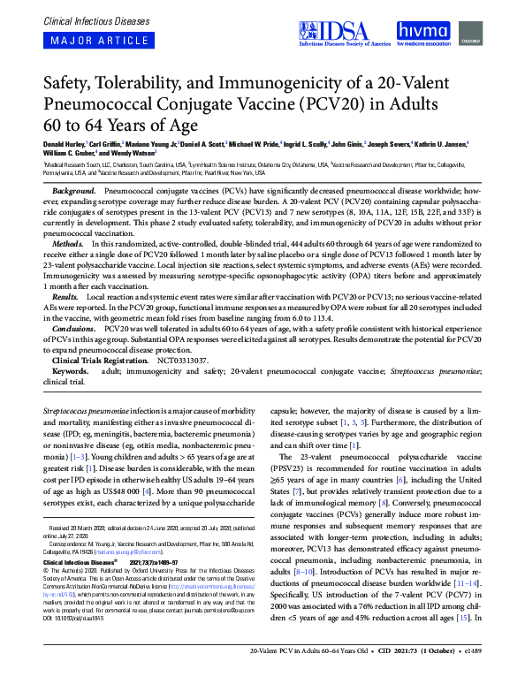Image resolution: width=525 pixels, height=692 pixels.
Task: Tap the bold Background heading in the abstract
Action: coord(74,191)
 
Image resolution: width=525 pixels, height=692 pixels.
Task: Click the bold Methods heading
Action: coord(69,242)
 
